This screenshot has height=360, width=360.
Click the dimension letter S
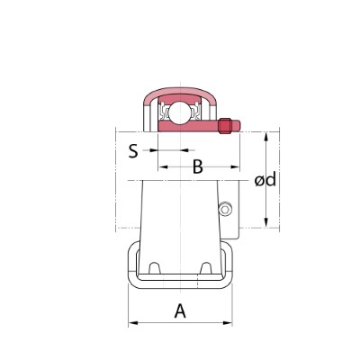pyautogui.click(x=133, y=151)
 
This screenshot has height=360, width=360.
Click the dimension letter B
pyautogui.click(x=198, y=166)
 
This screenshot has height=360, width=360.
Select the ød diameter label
pyautogui.click(x=265, y=180)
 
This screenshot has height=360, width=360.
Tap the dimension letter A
pyautogui.click(x=180, y=310)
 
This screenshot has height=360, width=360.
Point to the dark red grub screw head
pyautogui.click(x=225, y=126)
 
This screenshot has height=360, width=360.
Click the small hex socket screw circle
pyautogui.click(x=225, y=209)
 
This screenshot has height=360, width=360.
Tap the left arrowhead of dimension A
pyautogui.click(x=133, y=323)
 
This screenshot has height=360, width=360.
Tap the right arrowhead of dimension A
pyautogui.click(x=228, y=323)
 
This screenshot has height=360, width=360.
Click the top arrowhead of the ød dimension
pyautogui.click(x=265, y=137)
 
